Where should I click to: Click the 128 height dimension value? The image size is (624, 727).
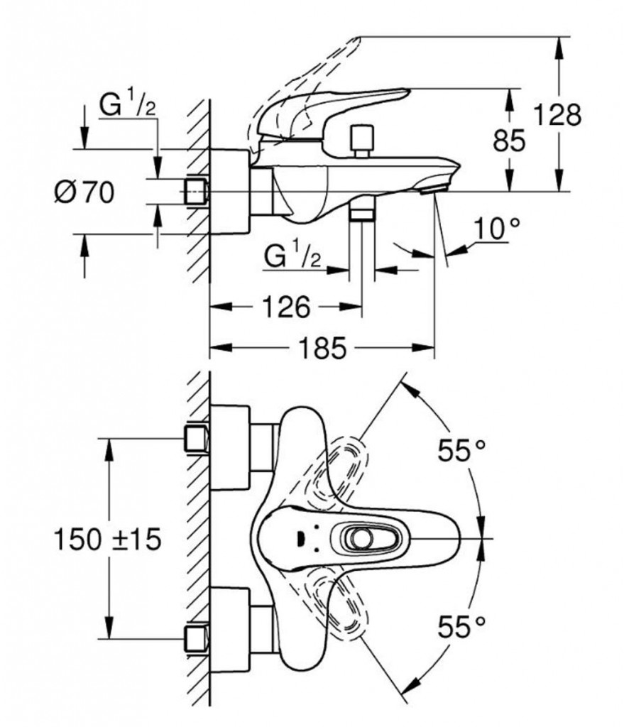click(x=557, y=114)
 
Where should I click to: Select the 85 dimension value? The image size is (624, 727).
click(x=509, y=141)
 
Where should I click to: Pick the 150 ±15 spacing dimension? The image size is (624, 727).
click(x=106, y=540)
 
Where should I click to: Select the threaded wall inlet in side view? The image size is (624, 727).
click(x=195, y=192)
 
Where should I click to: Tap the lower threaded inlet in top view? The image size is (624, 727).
click(x=197, y=638)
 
